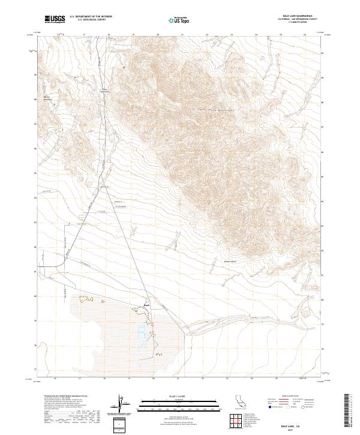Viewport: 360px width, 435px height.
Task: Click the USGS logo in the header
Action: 55,20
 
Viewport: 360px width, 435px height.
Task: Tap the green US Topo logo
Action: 180,20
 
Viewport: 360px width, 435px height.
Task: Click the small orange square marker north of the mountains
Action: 124,68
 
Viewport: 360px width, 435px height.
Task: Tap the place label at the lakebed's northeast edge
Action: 147,304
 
